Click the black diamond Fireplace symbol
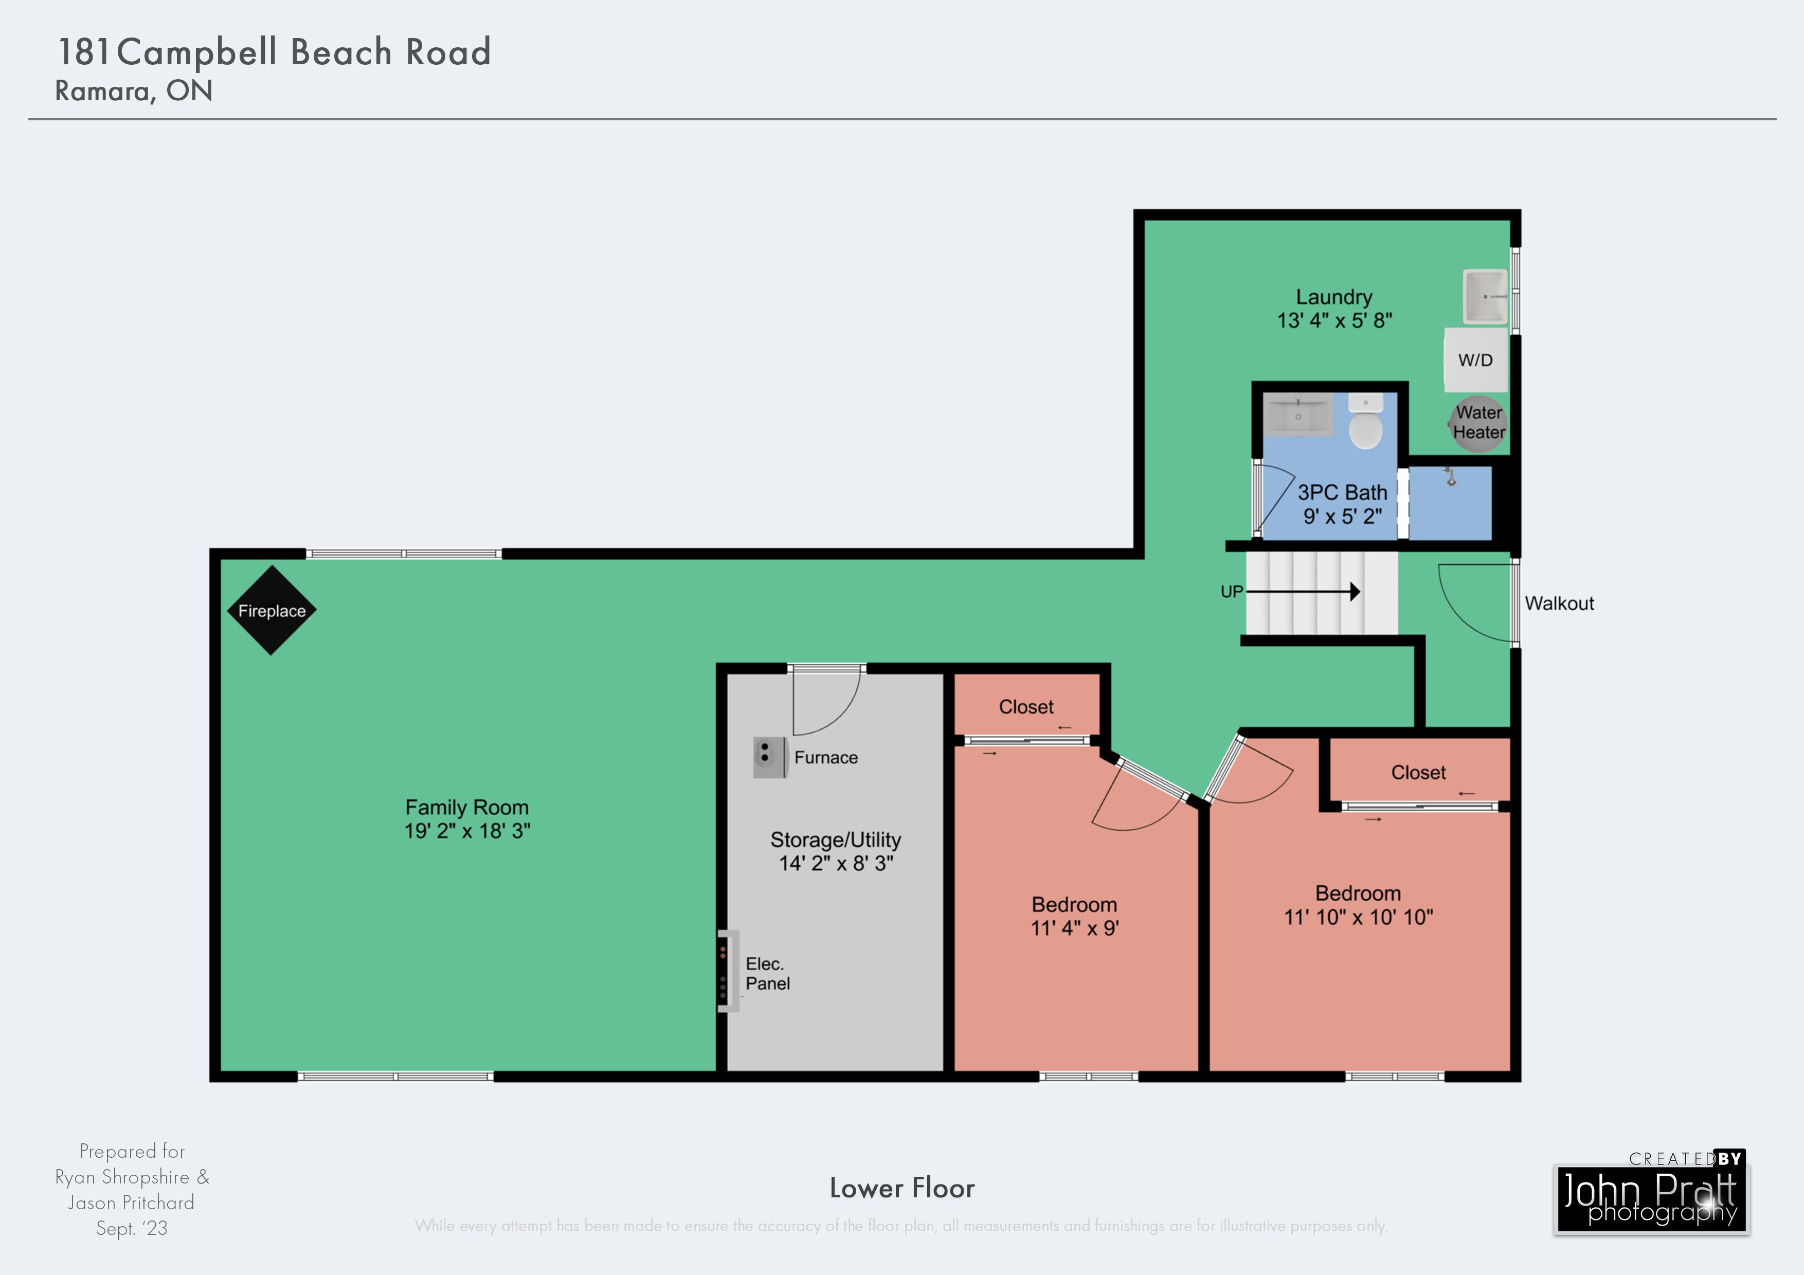tap(272, 610)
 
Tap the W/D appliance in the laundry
tap(1475, 360)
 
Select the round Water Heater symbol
tap(1478, 424)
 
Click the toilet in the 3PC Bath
tap(1365, 422)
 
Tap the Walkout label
tap(1560, 604)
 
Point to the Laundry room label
tap(1334, 297)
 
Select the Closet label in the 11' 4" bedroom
tap(1026, 707)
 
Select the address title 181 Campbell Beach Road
tap(274, 52)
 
